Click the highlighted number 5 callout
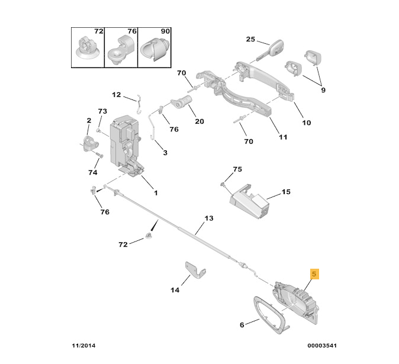314,274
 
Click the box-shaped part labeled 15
249,202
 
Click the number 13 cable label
208,218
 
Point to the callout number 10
306,123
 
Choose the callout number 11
282,137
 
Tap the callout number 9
323,90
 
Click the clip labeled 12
137,103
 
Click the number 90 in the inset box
165,31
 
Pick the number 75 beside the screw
237,169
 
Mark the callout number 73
102,111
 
